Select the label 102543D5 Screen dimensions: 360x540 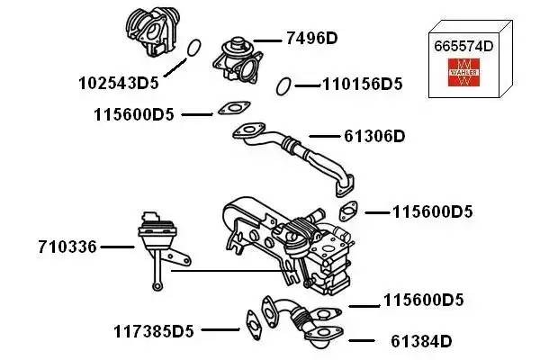coord(119,82)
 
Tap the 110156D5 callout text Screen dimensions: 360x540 coord(362,85)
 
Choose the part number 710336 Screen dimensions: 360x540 coord(67,245)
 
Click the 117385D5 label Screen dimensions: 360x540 coord(154,330)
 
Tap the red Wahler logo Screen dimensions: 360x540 coord(464,73)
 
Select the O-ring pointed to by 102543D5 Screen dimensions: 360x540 coord(192,47)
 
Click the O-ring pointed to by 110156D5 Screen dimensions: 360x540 coord(283,85)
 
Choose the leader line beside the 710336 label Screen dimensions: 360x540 coord(117,245)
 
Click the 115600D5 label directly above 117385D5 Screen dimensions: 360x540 coord(423,300)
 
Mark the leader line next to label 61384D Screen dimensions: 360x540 coord(361,341)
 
